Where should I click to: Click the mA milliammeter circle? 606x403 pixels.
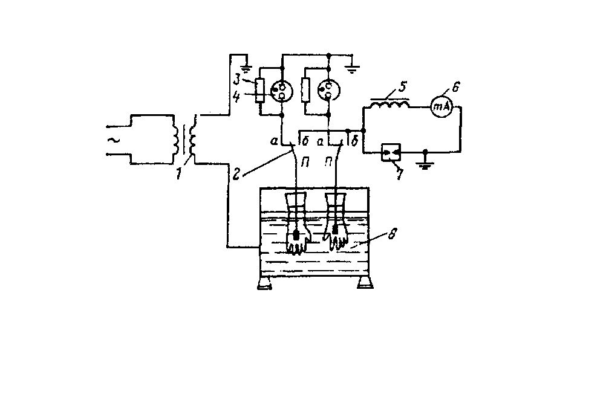pyautogui.click(x=440, y=107)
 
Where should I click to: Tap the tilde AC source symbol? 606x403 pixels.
pyautogui.click(x=112, y=140)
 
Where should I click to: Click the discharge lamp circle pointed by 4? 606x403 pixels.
pyautogui.click(x=281, y=90)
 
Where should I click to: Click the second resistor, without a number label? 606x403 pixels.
pyautogui.click(x=306, y=90)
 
